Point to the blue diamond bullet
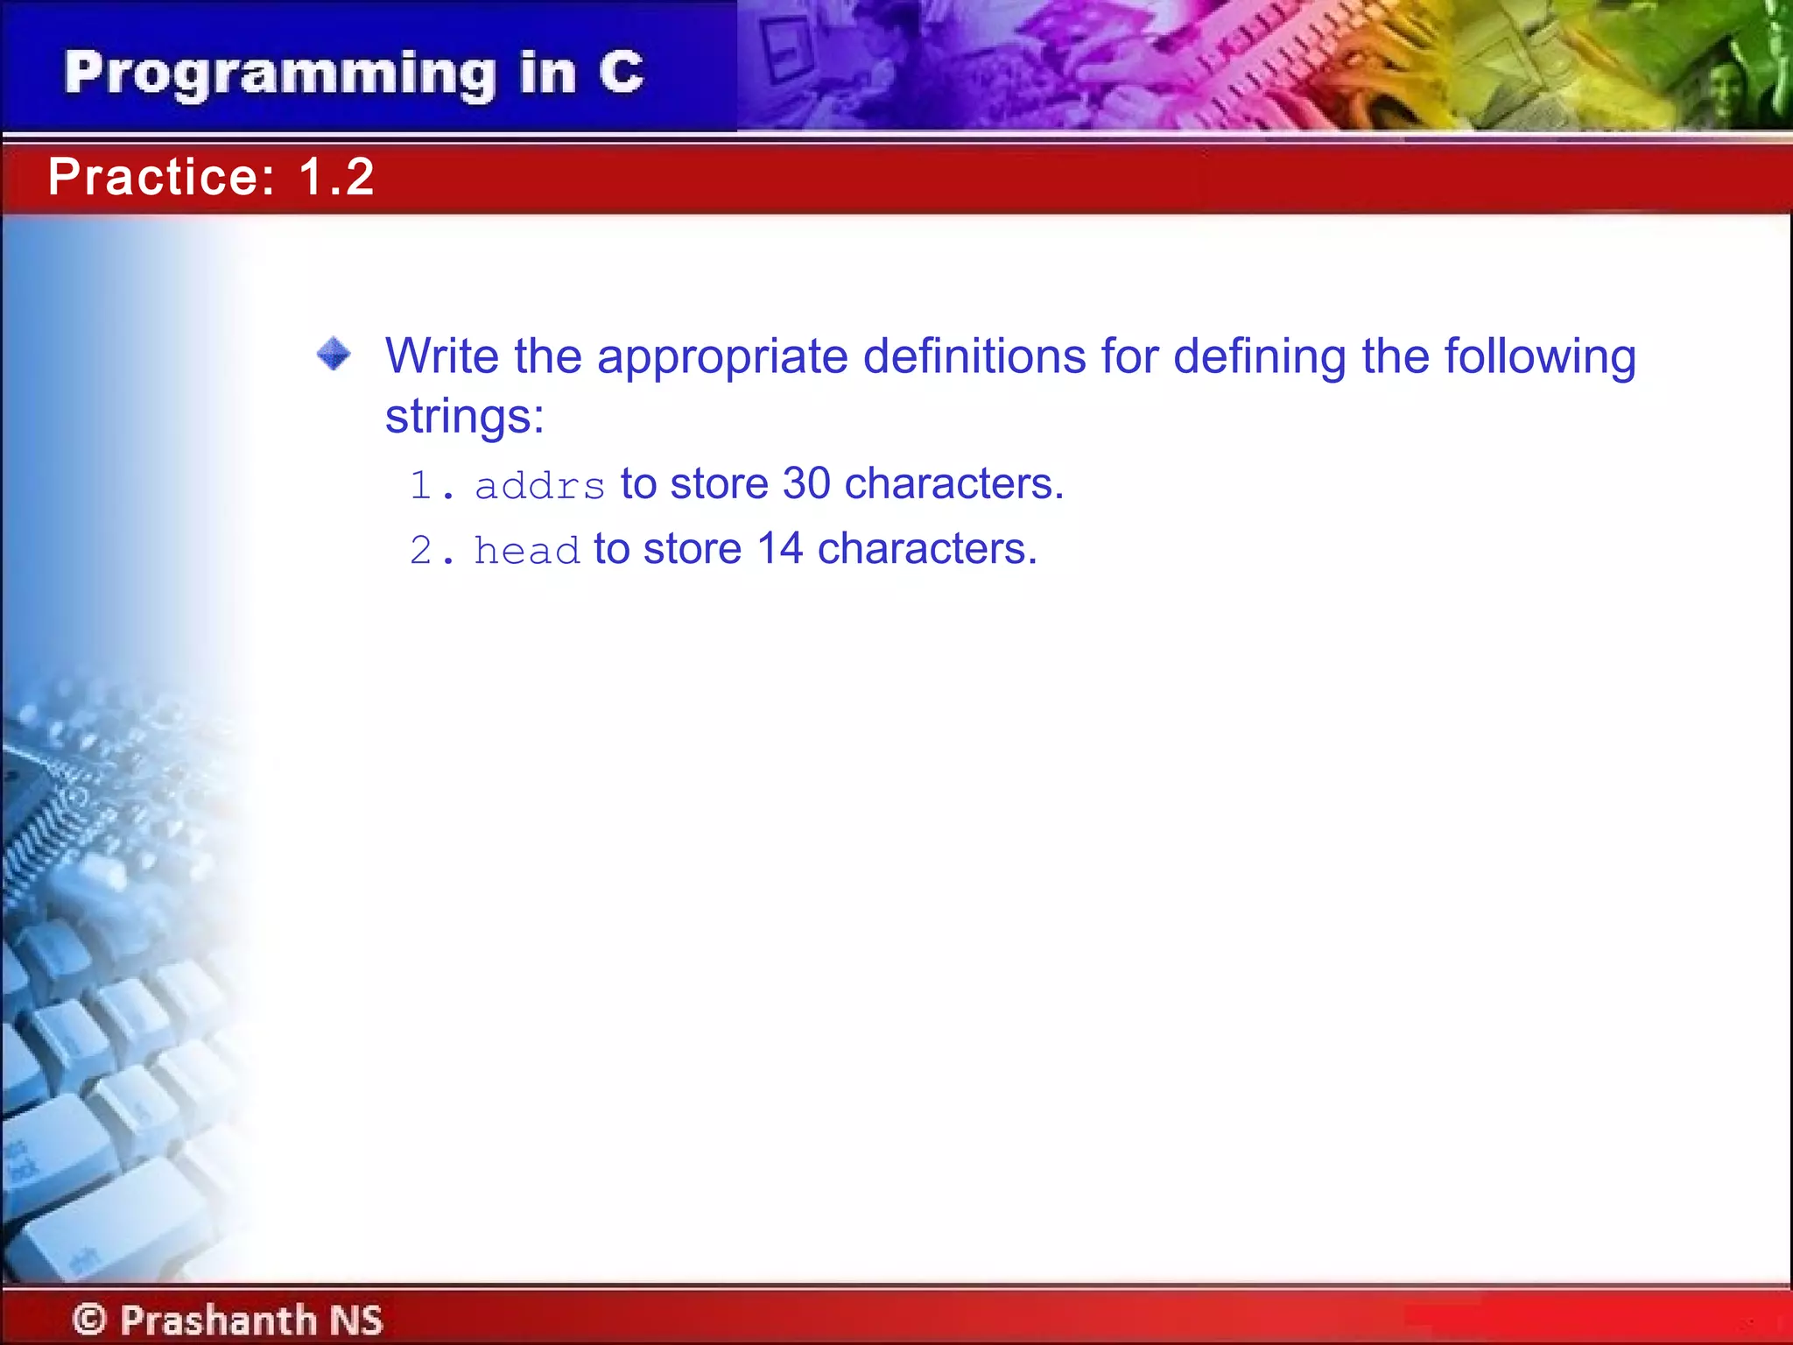334,355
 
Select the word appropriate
722,358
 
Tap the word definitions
974,356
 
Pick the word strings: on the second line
465,416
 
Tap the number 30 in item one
805,483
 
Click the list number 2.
422,551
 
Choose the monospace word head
526,551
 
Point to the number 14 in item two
779,549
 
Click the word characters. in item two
926,549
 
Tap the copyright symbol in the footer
89,1319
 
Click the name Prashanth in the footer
218,1319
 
